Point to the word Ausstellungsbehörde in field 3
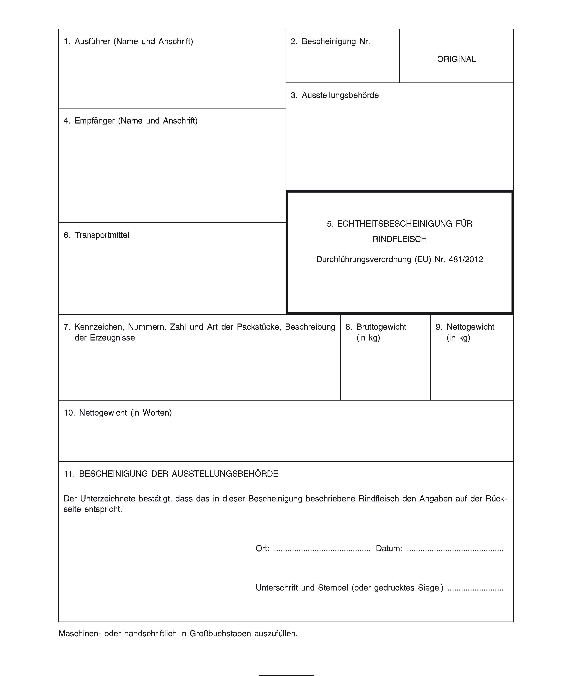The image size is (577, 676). (x=340, y=95)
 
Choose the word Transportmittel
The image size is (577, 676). (x=102, y=235)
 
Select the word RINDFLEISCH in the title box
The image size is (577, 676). (x=400, y=239)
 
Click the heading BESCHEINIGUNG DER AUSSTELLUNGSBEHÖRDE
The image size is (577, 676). (x=178, y=474)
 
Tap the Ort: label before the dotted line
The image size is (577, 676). (x=262, y=548)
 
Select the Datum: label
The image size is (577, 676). (x=389, y=548)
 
